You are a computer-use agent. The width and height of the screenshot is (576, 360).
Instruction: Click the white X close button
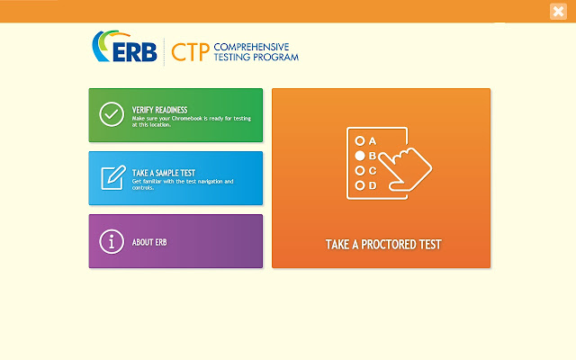(x=558, y=12)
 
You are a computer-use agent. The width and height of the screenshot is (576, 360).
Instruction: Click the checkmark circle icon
(x=112, y=115)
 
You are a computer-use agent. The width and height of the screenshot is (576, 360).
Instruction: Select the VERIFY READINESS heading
(x=159, y=110)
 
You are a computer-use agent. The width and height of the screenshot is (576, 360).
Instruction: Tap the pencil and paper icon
(x=112, y=178)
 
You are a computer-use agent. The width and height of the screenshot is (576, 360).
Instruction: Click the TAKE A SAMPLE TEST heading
(x=164, y=173)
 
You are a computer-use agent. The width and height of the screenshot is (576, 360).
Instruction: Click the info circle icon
(x=112, y=241)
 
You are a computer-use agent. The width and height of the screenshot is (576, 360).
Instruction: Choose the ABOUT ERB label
(x=149, y=242)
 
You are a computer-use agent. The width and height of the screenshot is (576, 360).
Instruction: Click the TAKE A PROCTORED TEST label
(x=382, y=244)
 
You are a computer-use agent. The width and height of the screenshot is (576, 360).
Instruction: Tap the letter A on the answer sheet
(x=373, y=141)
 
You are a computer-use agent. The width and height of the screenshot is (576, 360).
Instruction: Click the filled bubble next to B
(x=360, y=156)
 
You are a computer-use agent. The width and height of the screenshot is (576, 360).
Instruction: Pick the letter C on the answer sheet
(x=373, y=170)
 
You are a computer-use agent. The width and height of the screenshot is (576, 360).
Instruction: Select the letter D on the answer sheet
(x=373, y=185)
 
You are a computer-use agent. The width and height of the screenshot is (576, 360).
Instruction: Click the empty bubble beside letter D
(x=360, y=185)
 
